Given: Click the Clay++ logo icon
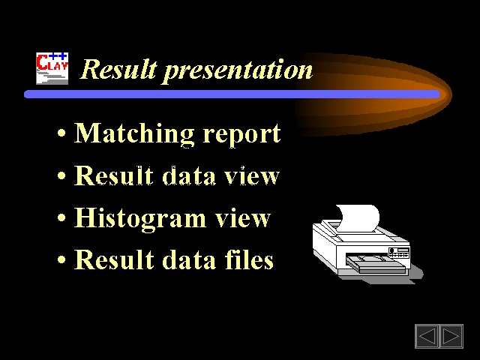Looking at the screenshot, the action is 52,68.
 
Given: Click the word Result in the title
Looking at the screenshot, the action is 118,69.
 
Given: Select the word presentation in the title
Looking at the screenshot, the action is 238,71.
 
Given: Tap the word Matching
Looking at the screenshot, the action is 134,133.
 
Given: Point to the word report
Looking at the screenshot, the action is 241,135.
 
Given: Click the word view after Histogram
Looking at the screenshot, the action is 243,218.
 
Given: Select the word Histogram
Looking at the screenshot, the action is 140,219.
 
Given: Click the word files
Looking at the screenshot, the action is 249,259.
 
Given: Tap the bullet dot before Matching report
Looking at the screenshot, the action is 61,133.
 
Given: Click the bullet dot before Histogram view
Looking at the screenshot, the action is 61,217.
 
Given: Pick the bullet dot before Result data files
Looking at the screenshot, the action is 61,259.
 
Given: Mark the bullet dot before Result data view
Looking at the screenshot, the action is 61,175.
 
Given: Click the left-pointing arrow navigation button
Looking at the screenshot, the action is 427,336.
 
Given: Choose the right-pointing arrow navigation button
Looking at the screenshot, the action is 451,336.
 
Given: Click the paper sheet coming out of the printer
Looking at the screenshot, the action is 358,218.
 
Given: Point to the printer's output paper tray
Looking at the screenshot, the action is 376,264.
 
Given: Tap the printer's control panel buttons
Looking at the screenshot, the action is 399,253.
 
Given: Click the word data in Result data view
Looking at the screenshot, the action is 189,175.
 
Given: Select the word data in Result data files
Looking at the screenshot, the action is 189,259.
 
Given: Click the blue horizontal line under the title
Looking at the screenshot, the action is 232,94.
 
